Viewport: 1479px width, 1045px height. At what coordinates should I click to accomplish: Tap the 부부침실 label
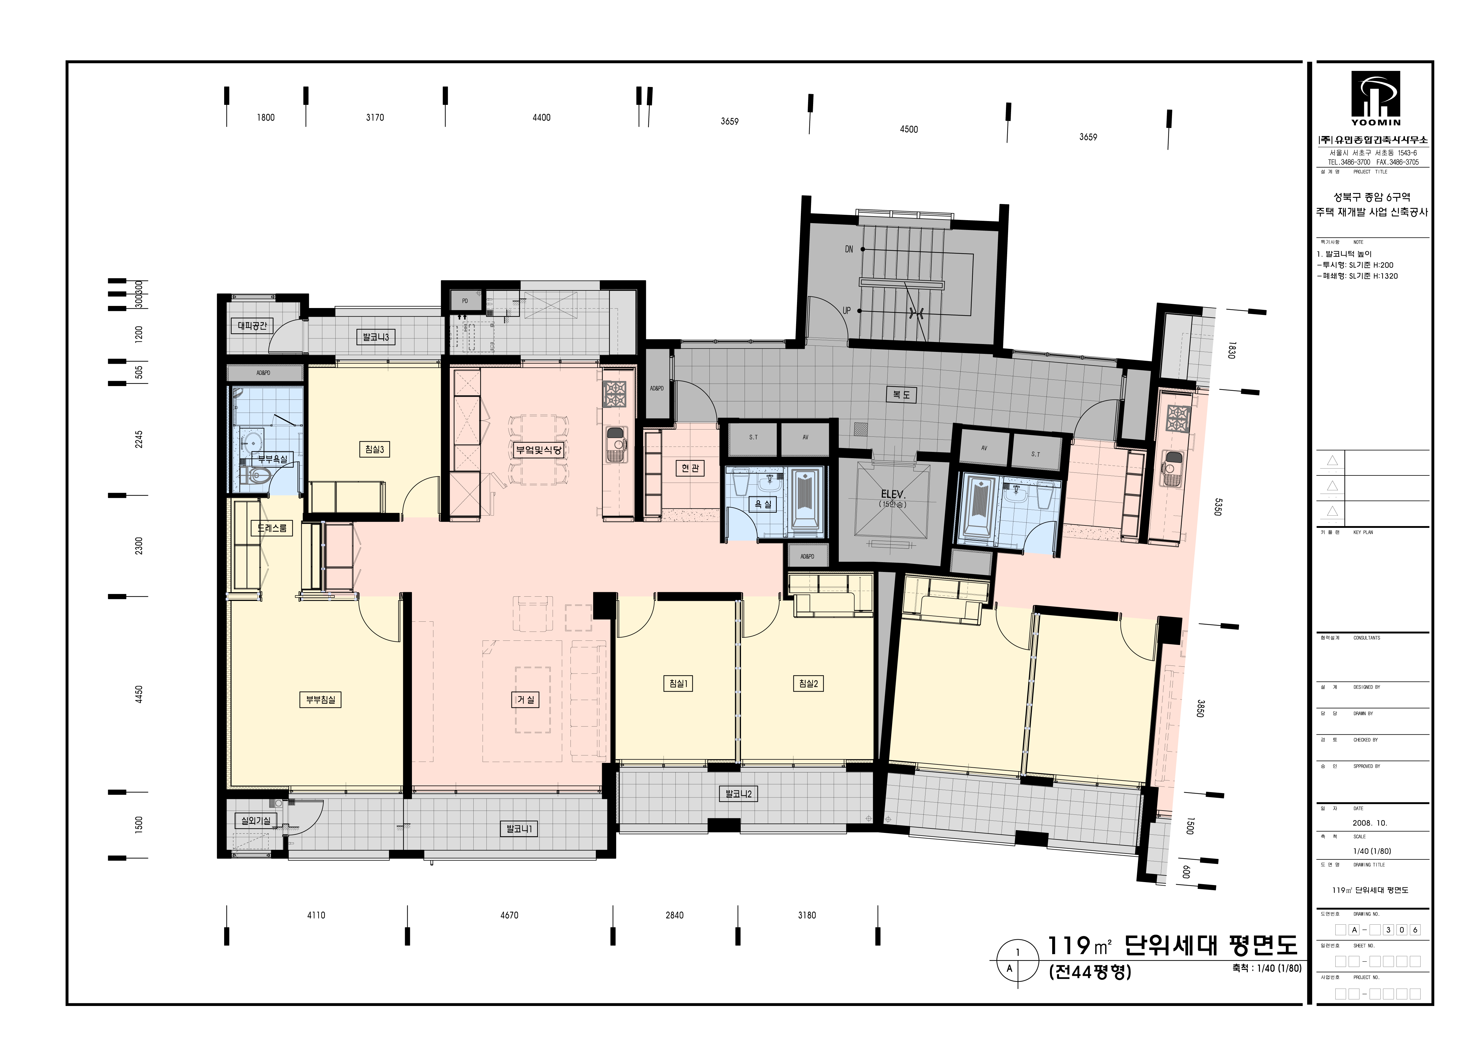(320, 700)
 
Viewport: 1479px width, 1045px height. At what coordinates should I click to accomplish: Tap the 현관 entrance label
(690, 468)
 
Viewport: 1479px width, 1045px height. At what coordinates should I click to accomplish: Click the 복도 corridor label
(901, 395)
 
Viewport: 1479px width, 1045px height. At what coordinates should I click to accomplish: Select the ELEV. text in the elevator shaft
(894, 494)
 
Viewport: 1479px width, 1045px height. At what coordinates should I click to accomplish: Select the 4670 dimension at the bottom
(509, 915)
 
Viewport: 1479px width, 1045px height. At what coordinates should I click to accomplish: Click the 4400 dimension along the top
(541, 117)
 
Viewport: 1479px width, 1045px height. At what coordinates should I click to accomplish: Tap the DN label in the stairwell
(849, 249)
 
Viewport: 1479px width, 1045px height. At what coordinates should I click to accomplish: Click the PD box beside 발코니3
(465, 301)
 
